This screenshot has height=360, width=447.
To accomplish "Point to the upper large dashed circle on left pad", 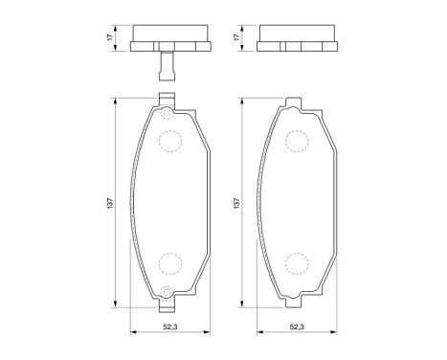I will pos(169,141).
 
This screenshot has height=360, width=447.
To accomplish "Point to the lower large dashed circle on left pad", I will pos(169,264).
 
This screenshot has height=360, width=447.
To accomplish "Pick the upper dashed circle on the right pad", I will pos(297,141).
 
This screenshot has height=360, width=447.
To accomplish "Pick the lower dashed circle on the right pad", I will pos(297,264).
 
